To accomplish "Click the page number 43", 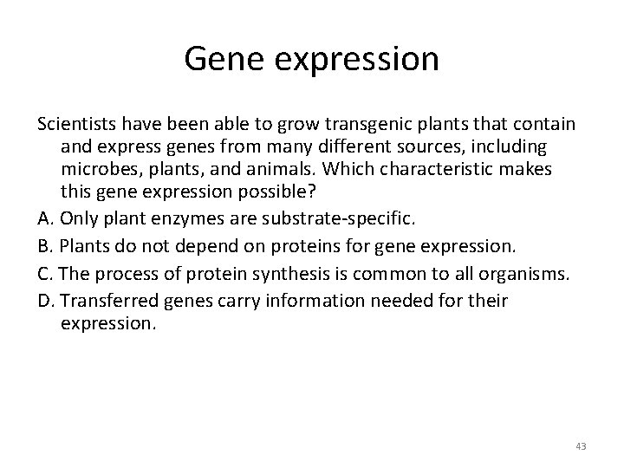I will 580,445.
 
